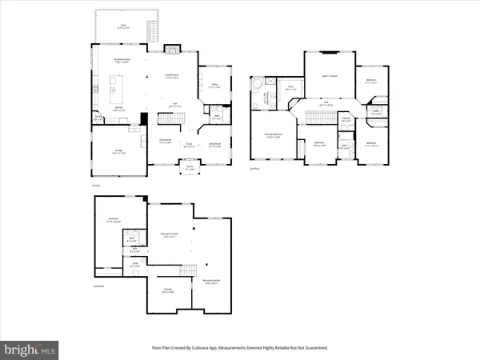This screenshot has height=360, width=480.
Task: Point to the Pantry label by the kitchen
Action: pyautogui.click(x=98, y=117)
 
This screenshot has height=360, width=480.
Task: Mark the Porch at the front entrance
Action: pyautogui.click(x=190, y=170)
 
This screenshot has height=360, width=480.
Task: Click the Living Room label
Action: pyautogui.click(x=214, y=146)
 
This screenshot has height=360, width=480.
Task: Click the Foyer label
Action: pyautogui.click(x=190, y=146)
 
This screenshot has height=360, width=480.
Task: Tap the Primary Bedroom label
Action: pyautogui.click(x=273, y=136)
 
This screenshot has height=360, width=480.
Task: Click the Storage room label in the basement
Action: pyautogui.click(x=167, y=293)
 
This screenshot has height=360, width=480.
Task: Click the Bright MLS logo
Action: pyautogui.click(x=30, y=349)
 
